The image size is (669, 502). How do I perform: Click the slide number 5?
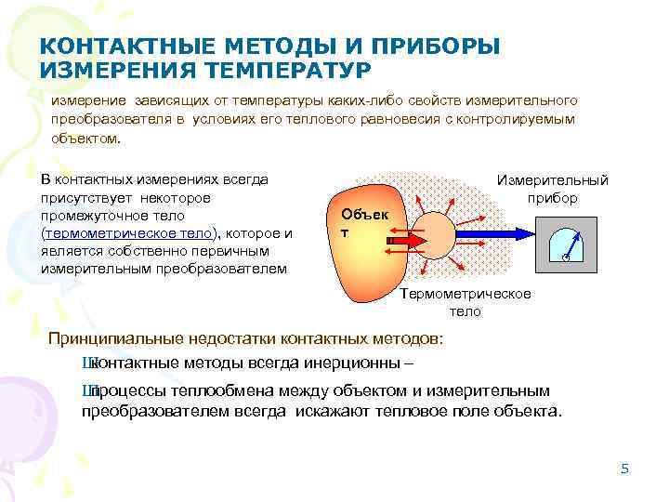tap(624, 468)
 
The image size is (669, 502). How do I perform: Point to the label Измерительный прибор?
tap(553, 189)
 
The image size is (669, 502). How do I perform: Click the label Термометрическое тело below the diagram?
tap(466, 302)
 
